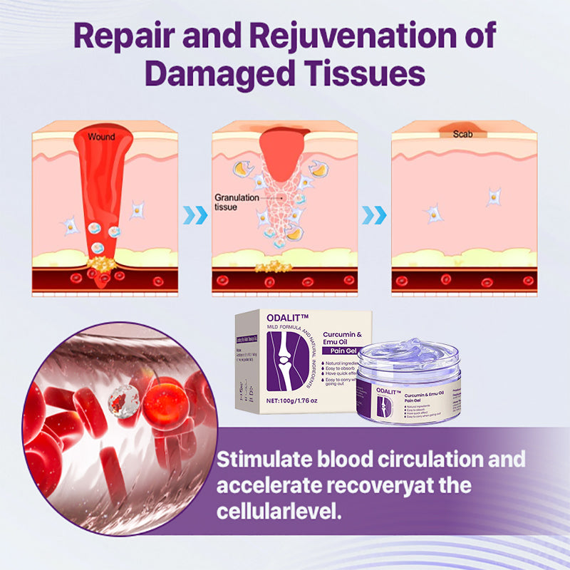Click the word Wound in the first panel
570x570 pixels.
pos(101,137)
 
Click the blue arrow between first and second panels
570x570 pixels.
pos(196,214)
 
